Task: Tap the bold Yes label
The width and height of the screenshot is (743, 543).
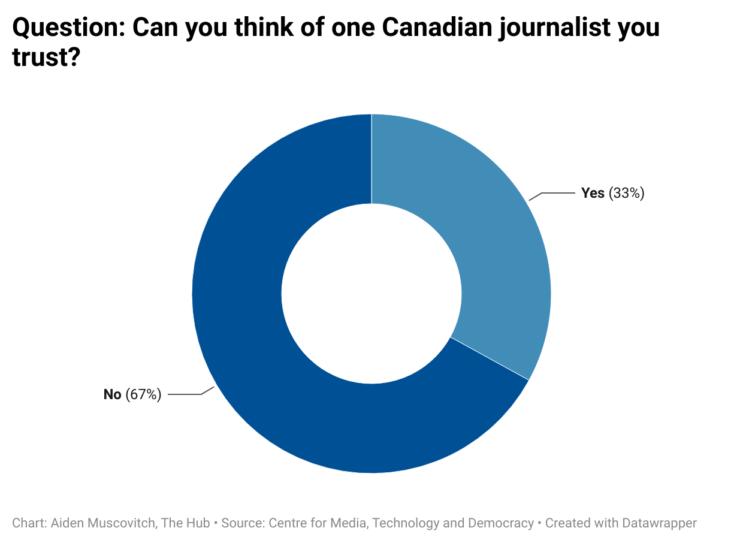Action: click(593, 193)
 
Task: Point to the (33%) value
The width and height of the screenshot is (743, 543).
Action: click(626, 193)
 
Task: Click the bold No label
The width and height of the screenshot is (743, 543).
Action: click(113, 394)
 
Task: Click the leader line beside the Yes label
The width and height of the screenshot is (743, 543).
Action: click(554, 194)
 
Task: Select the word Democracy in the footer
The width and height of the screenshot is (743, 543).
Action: click(502, 523)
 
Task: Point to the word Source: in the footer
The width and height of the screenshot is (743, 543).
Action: click(243, 523)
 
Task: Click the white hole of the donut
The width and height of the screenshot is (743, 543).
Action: click(371, 294)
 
